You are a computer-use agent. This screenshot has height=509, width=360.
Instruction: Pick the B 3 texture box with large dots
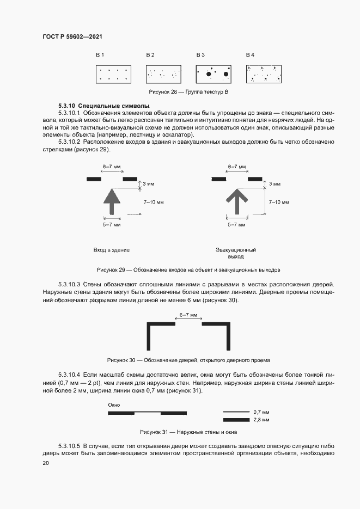coord(213,75)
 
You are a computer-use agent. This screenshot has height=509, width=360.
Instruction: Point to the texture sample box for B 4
coord(264,75)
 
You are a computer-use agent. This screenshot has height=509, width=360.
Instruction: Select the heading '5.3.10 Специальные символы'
coord(96,105)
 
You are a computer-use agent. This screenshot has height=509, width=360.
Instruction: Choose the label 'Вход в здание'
coord(111,250)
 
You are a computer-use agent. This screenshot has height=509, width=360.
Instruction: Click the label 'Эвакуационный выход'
coord(236,253)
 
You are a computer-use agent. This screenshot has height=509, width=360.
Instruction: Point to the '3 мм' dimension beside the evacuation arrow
coord(275,185)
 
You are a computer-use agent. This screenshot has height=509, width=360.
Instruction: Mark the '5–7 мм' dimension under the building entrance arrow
coord(111,224)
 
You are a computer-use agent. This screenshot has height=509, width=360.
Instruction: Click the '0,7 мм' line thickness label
coord(261,412)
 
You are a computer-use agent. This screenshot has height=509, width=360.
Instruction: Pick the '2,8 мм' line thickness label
coord(261,420)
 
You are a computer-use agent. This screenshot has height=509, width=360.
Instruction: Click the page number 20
coord(45,463)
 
